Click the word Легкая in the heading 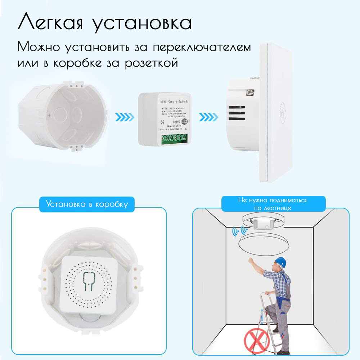click(x=50, y=23)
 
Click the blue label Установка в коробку click(x=87, y=204)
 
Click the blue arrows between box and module click(x=125, y=117)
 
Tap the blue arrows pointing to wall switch click(x=209, y=117)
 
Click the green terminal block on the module click(x=174, y=139)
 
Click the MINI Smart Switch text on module click(x=174, y=102)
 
